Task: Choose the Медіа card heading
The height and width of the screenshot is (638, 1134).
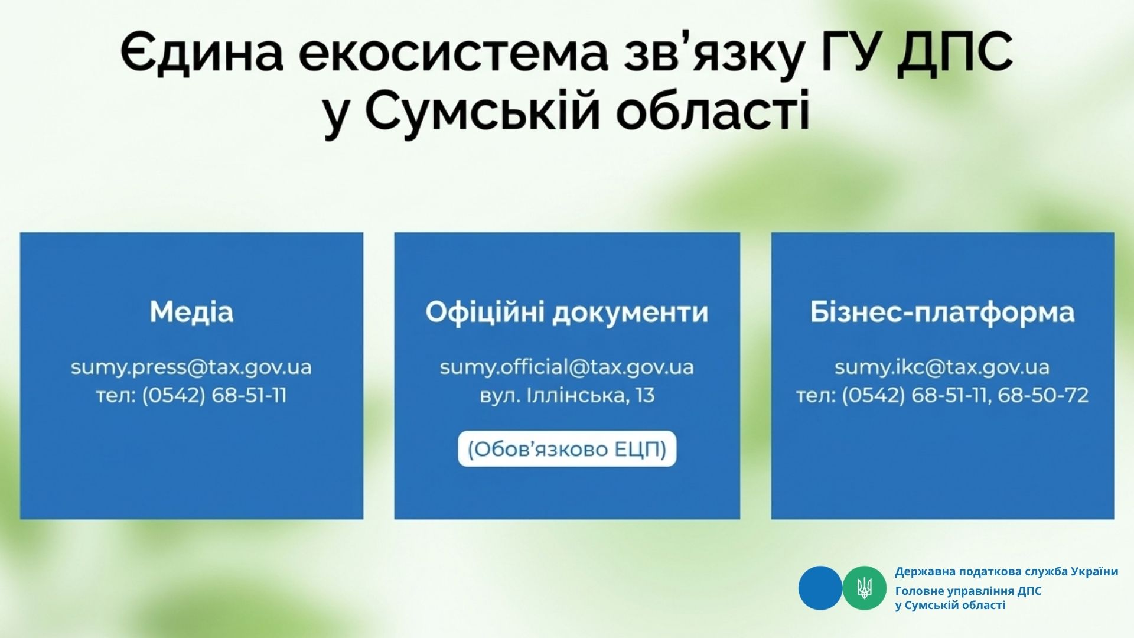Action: point(191,312)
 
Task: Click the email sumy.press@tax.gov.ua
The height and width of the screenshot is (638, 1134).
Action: point(191,367)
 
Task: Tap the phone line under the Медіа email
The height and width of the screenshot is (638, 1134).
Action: point(191,395)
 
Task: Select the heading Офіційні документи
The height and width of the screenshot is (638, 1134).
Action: point(567,312)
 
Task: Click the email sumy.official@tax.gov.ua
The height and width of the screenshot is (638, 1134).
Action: point(567,367)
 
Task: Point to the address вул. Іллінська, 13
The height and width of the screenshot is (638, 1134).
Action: point(567,395)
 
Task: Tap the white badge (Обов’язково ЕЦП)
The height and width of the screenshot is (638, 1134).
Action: point(567,450)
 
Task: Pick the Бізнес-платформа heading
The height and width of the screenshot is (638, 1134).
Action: point(942,312)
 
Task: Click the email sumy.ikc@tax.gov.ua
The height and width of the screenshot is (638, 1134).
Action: point(942,367)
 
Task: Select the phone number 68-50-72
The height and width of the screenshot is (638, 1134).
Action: point(1043,395)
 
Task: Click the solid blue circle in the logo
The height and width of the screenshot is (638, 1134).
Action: point(820,588)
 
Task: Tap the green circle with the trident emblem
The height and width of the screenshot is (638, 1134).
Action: point(864,588)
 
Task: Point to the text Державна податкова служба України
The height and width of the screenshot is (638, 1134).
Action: point(1006,572)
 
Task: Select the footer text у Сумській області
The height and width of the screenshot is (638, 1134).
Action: point(950,605)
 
